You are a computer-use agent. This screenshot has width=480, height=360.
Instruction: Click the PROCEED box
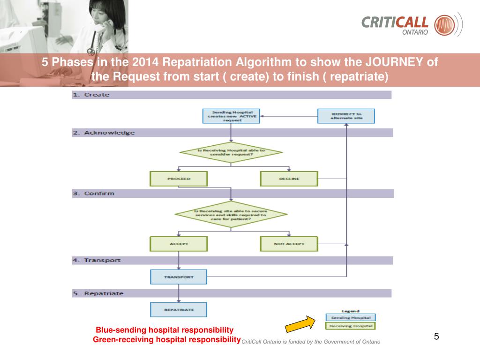(179, 179)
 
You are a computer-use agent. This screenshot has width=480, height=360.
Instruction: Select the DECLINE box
(289, 179)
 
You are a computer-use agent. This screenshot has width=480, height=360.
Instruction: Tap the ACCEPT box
(179, 244)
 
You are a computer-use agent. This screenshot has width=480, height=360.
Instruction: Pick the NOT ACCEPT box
(289, 244)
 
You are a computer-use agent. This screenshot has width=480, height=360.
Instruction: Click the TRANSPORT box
(179, 277)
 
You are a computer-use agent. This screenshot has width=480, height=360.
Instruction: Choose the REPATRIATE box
(179, 309)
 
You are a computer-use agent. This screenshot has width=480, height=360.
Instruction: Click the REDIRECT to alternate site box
(346, 116)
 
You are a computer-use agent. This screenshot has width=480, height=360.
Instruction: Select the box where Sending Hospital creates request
(231, 116)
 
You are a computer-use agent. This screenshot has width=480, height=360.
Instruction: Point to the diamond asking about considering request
(231, 152)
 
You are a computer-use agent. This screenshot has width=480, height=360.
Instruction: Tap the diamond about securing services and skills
(231, 214)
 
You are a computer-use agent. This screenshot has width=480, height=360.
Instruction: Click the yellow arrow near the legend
(300, 323)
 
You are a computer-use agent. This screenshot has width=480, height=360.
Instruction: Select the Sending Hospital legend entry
(351, 318)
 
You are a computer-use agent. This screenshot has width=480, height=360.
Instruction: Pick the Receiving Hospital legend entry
(351, 326)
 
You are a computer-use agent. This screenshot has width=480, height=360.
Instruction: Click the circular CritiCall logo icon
(444, 24)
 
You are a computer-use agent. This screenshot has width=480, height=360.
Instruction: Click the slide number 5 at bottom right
(436, 337)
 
